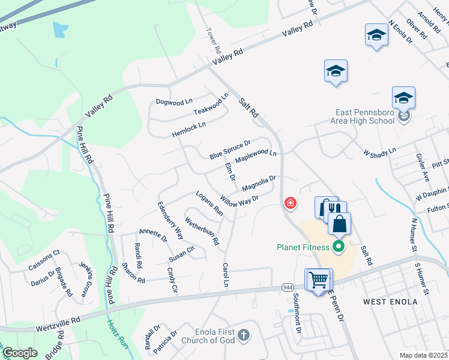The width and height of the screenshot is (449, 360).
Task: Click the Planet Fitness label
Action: (303, 247)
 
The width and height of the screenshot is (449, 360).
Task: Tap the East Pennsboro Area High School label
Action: (365, 116)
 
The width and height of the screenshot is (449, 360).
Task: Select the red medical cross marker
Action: (291, 204)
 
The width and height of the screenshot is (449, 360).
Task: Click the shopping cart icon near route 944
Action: (318, 279)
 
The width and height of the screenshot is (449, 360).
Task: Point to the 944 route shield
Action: (288, 288)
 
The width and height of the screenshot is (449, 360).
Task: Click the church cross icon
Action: (243, 334)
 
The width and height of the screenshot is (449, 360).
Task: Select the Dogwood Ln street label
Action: (173, 101)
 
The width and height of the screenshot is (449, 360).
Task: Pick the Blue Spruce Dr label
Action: (229, 149)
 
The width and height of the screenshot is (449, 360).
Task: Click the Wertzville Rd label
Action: (58, 322)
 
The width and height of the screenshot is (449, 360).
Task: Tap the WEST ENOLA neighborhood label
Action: (390, 301)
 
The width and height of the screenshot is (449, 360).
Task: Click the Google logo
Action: (20, 353)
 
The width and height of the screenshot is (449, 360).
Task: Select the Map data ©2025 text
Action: (424, 355)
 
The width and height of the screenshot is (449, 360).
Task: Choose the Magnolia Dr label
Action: (259, 184)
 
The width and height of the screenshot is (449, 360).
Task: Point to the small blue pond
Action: (61, 30)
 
